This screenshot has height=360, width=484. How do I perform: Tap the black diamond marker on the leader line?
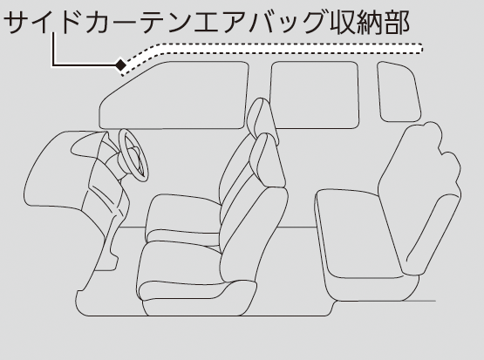(120, 65)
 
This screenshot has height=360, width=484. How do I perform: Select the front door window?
(174, 95)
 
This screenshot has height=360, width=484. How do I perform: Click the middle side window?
(315, 95)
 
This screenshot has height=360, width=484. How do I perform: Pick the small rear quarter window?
(399, 92)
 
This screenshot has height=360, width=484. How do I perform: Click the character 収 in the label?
(342, 22)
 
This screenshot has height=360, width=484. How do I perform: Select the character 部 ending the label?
(397, 22)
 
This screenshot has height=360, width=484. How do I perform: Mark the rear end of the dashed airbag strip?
(420, 49)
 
